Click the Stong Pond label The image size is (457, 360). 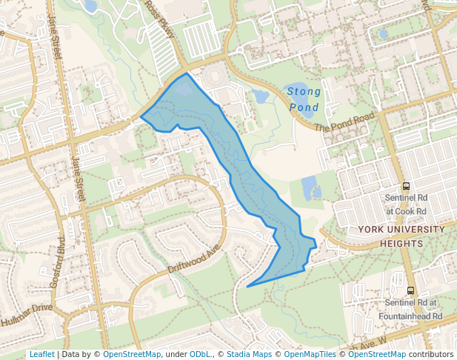(304, 99)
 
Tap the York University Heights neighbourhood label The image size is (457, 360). (401, 236)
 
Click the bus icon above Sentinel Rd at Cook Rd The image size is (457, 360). (406, 187)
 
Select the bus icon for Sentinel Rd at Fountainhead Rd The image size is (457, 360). (411, 290)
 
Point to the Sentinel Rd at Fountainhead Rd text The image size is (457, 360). (413, 309)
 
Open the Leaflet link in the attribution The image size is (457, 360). (41, 354)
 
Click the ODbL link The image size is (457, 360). (200, 354)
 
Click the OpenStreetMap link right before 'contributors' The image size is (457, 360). (377, 354)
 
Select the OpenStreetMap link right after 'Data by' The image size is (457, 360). (132, 354)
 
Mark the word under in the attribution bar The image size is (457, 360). (176, 354)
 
